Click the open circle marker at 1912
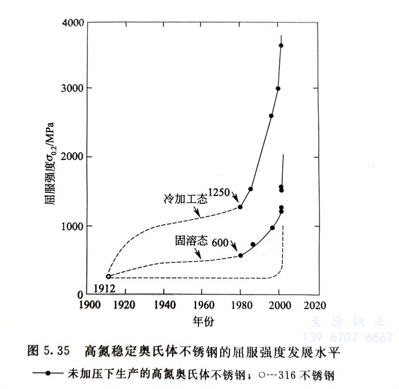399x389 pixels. pyautogui.click(x=108, y=276)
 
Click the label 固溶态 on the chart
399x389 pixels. pyautogui.click(x=190, y=241)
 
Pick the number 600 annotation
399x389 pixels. pyautogui.click(x=220, y=243)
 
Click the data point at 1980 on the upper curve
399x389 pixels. pyautogui.click(x=240, y=207)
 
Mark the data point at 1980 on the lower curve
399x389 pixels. pyautogui.click(x=240, y=255)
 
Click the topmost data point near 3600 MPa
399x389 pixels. pyautogui.click(x=281, y=46)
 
